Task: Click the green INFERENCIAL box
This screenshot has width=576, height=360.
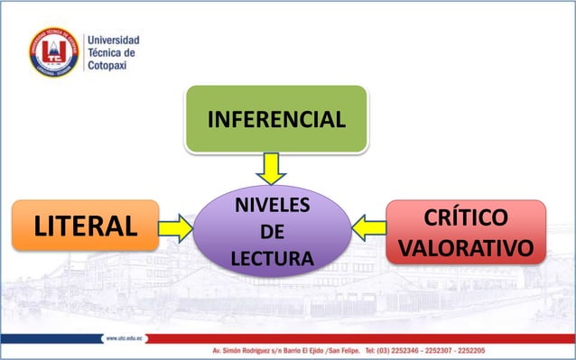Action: click(x=276, y=118)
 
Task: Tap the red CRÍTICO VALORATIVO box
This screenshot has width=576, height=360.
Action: click(x=465, y=233)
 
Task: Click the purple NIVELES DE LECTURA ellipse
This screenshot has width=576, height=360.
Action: click(x=272, y=232)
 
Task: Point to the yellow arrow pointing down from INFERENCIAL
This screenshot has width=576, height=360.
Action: click(x=271, y=168)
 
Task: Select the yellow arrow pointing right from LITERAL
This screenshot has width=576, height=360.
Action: click(x=176, y=227)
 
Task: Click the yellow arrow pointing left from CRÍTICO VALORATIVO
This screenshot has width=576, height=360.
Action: click(x=368, y=227)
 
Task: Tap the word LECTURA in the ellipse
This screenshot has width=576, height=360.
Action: click(x=272, y=260)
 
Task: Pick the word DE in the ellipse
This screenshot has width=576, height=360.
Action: click(x=272, y=233)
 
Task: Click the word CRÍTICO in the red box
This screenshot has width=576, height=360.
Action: click(x=465, y=218)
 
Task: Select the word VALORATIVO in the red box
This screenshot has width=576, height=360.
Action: click(x=465, y=247)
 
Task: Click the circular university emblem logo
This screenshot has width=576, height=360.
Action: click(x=54, y=51)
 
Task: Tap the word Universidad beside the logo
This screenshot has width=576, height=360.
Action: click(x=112, y=40)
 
